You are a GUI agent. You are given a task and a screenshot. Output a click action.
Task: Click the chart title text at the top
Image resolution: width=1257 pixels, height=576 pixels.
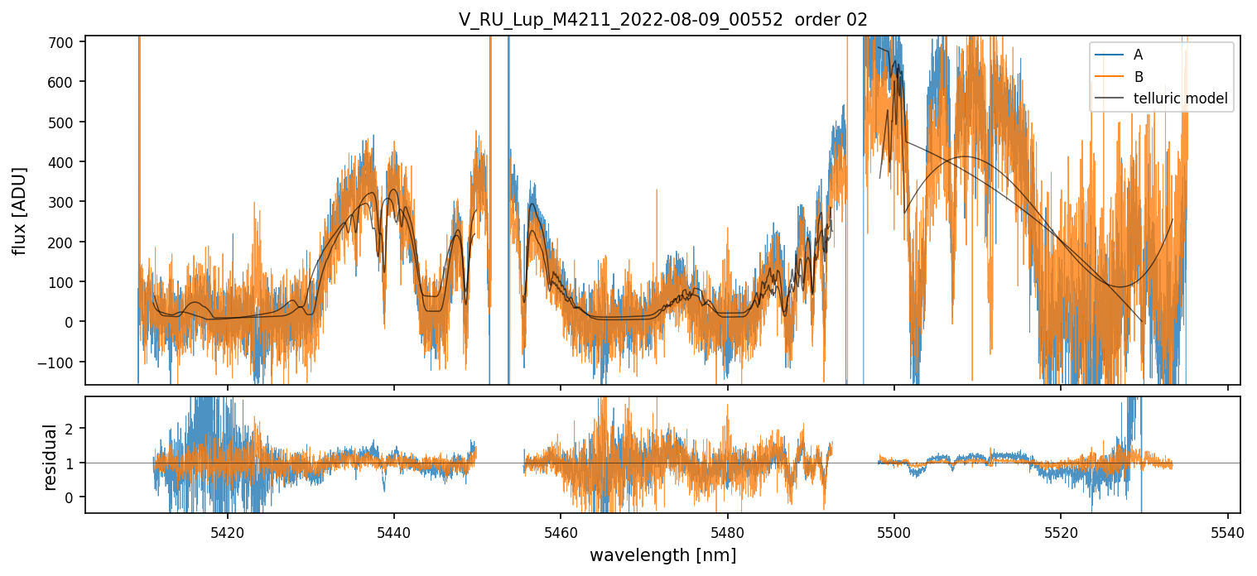(x=662, y=20)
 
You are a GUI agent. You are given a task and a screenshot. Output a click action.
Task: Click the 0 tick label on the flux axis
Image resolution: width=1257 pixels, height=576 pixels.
(x=72, y=322)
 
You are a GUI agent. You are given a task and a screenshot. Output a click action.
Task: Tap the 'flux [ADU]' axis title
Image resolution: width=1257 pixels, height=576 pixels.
(x=19, y=210)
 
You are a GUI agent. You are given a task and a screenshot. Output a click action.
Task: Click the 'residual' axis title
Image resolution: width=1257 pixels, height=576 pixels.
(x=51, y=457)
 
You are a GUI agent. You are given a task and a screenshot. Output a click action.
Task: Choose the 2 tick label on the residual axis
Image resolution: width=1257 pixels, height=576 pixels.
(x=72, y=428)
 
